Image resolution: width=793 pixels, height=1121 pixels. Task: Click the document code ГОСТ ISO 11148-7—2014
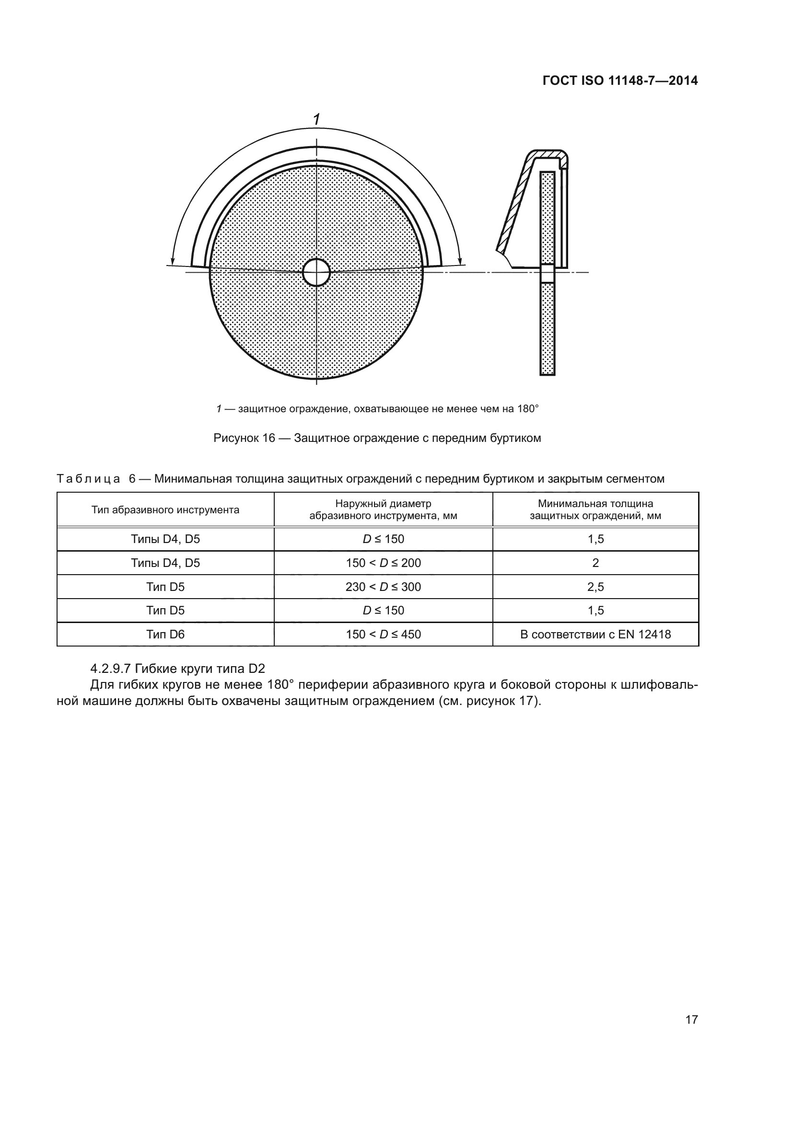click(620, 81)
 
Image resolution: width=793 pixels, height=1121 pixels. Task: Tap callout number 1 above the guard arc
click(316, 119)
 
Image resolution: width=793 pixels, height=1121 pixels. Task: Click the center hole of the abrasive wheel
click(316, 272)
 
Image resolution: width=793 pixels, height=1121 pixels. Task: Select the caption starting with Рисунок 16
click(377, 438)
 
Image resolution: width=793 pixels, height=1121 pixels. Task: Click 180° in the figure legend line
click(528, 409)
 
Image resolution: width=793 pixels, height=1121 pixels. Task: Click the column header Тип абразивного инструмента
click(165, 510)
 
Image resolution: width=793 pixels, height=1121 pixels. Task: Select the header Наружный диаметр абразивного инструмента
click(384, 510)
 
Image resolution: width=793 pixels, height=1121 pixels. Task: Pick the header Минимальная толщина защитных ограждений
click(595, 510)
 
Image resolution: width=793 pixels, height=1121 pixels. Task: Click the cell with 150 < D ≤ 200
click(384, 563)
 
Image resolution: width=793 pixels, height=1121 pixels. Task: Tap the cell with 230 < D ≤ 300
click(384, 587)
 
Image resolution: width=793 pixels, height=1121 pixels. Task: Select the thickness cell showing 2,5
click(595, 587)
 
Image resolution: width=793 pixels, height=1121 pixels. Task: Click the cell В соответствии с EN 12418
click(595, 634)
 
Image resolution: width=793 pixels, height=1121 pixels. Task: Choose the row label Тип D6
click(165, 634)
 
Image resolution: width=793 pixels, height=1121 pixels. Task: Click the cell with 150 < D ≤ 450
click(384, 634)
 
